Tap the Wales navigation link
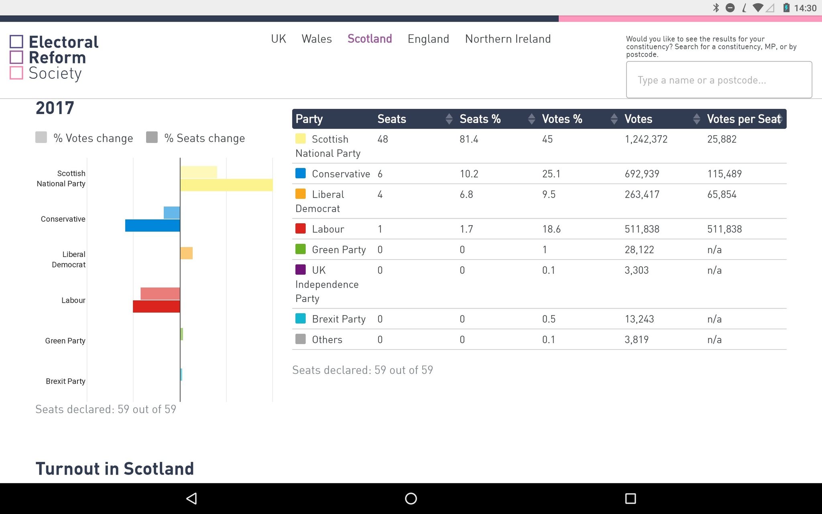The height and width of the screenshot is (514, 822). [x=317, y=39]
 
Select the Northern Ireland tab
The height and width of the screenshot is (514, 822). [x=508, y=39]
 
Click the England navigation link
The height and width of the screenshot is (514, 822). [x=428, y=39]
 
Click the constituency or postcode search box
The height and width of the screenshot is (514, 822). [x=719, y=80]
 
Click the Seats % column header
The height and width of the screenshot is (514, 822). [x=480, y=119]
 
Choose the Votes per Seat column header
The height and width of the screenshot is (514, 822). [x=744, y=119]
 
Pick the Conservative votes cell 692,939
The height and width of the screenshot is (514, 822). [x=642, y=174]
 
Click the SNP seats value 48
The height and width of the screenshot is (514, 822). [x=383, y=139]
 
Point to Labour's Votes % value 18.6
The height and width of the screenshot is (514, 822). [x=551, y=229]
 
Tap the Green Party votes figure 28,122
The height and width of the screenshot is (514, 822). [x=639, y=250]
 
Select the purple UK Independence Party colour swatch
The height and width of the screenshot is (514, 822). [x=301, y=269]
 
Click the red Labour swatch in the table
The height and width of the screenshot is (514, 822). [x=301, y=228]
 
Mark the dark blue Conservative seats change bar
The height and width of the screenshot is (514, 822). [x=153, y=225]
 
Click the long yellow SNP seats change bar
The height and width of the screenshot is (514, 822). [x=226, y=185]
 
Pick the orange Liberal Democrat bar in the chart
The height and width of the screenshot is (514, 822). [x=186, y=253]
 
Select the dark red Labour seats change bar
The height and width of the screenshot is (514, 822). [x=157, y=306]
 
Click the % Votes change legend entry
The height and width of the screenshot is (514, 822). [x=84, y=138]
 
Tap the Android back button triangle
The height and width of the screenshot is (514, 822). [x=191, y=498]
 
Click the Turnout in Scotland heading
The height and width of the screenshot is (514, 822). [x=115, y=469]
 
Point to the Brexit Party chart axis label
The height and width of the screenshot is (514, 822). [x=65, y=381]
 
